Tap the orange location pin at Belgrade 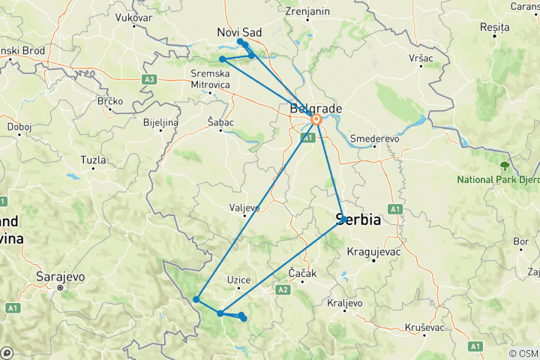pyautogui.click(x=316, y=119)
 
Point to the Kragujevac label pyautogui.click(x=373, y=251)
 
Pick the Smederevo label pyautogui.click(x=374, y=139)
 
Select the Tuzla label pyautogui.click(x=94, y=160)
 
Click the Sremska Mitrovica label pyautogui.click(x=210, y=79)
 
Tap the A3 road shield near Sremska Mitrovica pyautogui.click(x=149, y=79)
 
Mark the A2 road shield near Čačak pyautogui.click(x=283, y=289)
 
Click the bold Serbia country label pyautogui.click(x=358, y=220)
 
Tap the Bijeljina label pyautogui.click(x=160, y=121)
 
